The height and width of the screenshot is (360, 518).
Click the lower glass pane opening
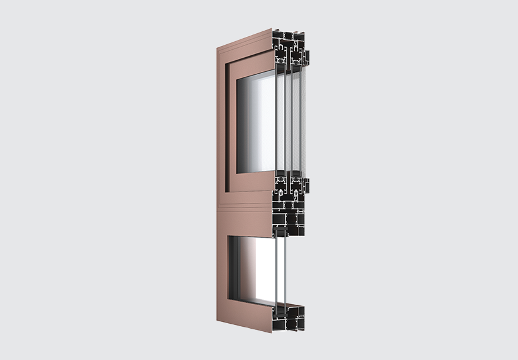pos(252,270)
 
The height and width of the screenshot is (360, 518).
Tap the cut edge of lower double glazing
pos(280,270)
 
